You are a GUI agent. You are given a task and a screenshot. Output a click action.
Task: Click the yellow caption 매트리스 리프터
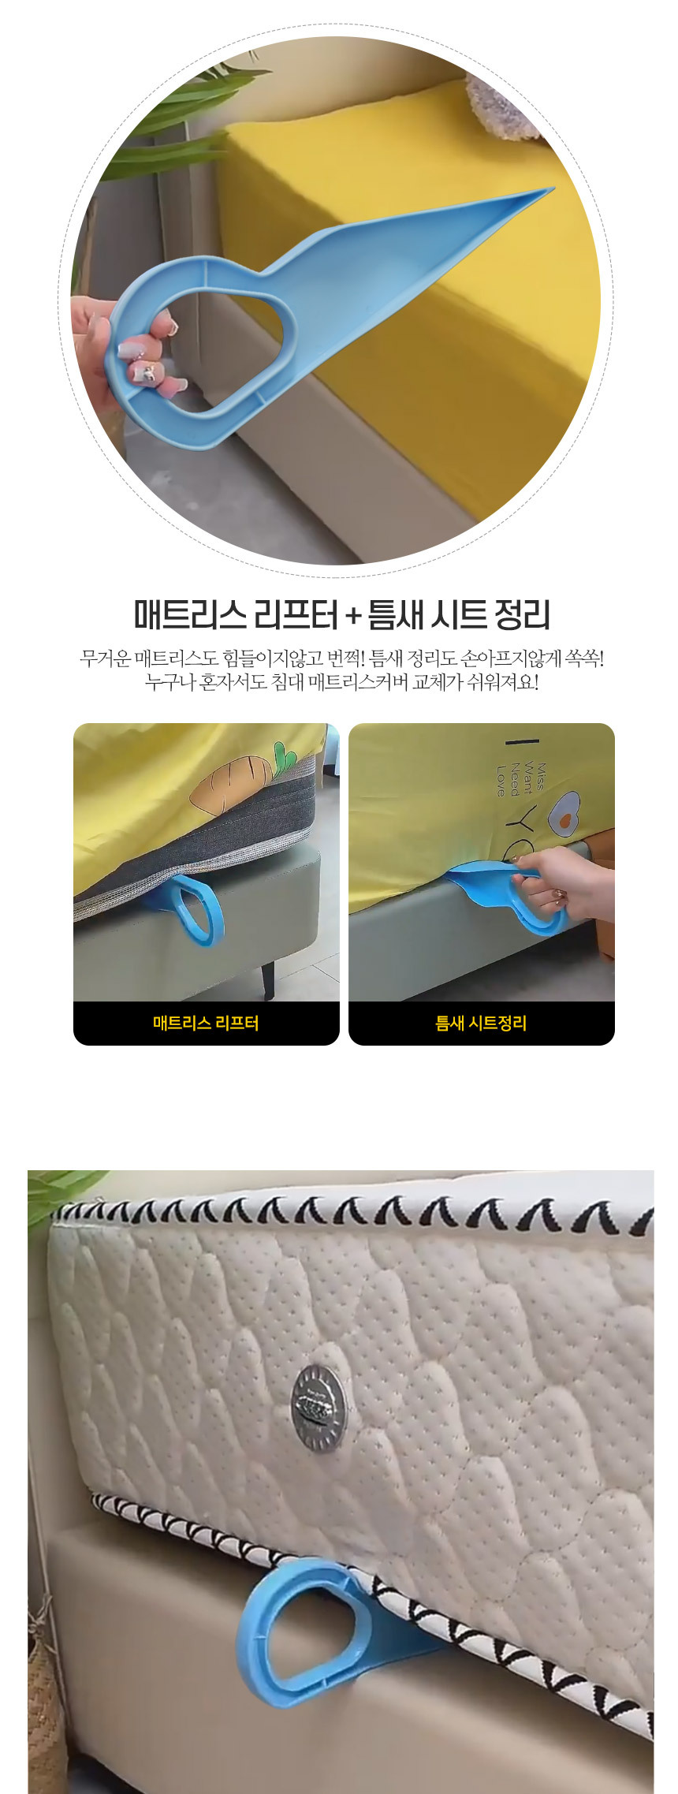click(206, 1024)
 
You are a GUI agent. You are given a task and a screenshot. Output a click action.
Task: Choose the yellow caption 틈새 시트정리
click(481, 1024)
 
